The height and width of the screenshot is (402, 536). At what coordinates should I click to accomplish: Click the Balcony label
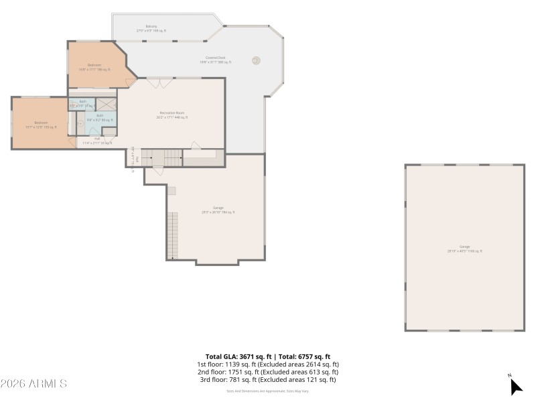point(151,29)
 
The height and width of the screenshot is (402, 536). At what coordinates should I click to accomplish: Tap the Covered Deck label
point(216,60)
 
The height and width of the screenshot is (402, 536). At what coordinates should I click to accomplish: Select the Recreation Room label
point(172,115)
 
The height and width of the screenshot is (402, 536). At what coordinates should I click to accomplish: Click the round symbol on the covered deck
point(255,60)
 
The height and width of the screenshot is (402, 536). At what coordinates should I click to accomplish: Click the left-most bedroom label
point(41,125)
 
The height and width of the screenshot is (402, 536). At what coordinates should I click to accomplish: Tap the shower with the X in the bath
point(107,104)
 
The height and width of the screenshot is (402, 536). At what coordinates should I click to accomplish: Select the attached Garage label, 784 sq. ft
point(218,210)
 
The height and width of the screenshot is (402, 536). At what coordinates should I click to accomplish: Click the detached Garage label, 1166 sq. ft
point(464,249)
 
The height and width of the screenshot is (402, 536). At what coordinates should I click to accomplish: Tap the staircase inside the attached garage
point(173,234)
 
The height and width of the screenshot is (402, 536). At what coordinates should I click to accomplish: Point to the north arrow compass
point(515,386)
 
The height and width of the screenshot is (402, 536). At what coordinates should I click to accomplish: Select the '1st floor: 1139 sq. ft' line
point(267,364)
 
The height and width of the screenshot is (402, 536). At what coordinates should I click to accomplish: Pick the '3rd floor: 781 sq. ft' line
point(267,380)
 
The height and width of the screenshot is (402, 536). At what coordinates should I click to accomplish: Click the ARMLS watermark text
point(33,384)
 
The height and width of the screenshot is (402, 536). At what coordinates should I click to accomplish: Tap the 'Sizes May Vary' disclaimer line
point(267,391)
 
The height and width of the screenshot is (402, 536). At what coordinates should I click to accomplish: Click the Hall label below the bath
point(97,141)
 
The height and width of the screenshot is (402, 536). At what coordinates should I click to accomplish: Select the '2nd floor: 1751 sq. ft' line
point(267,372)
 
